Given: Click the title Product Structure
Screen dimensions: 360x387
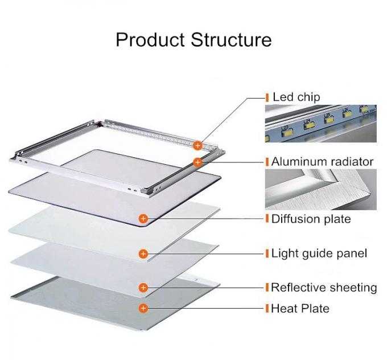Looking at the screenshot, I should [x=193, y=40].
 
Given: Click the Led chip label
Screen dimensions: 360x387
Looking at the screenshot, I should [x=296, y=97].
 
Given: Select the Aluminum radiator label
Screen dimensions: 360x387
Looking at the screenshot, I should [x=322, y=162].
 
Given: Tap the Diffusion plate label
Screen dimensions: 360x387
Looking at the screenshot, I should [x=311, y=219].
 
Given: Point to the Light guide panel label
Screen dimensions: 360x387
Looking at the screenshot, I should [x=319, y=253].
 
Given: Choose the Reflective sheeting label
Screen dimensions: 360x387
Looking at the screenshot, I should [x=324, y=287].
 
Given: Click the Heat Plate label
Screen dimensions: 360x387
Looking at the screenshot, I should [x=300, y=309].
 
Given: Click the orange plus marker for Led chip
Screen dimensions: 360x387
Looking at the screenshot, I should [x=197, y=145].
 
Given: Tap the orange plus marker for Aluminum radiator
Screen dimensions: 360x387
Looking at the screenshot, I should [x=197, y=162].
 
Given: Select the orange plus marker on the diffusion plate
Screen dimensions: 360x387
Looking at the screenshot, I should [x=143, y=218].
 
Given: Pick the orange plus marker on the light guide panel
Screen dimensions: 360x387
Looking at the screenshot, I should [x=143, y=253].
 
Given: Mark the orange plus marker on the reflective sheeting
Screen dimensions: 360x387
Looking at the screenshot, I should [x=143, y=288].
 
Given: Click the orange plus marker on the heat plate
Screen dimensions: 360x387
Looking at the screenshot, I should [x=143, y=309].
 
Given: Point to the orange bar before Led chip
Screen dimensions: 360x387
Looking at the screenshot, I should [x=267, y=97].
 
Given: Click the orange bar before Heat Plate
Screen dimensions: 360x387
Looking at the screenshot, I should [x=267, y=309].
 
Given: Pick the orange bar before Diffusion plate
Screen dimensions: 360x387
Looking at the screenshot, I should [x=267, y=219].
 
